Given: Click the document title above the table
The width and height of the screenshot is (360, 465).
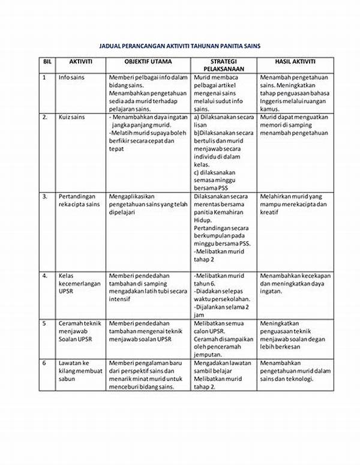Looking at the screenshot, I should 179,46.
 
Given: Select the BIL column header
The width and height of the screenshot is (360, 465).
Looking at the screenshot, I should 47,61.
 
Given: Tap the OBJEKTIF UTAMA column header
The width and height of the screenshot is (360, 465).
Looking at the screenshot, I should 148,61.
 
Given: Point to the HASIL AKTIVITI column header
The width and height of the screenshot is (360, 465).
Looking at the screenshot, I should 295,61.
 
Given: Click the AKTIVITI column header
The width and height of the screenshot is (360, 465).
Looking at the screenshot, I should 80,61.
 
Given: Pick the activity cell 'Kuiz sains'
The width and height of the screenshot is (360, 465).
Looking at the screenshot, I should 71,118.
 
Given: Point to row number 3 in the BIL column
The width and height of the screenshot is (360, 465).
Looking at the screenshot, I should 45,196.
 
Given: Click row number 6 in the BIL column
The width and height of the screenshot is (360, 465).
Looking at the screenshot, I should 44,363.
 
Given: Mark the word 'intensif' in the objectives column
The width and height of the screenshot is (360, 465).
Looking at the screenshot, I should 121,299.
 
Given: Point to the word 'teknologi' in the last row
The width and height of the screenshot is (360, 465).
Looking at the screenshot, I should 299,379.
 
